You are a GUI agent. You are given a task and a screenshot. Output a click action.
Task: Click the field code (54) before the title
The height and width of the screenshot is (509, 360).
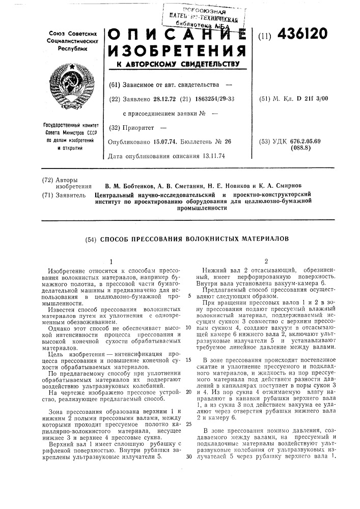coord(88,238)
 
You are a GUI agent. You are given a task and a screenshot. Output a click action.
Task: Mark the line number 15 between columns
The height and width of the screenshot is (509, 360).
coord(188,360)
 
